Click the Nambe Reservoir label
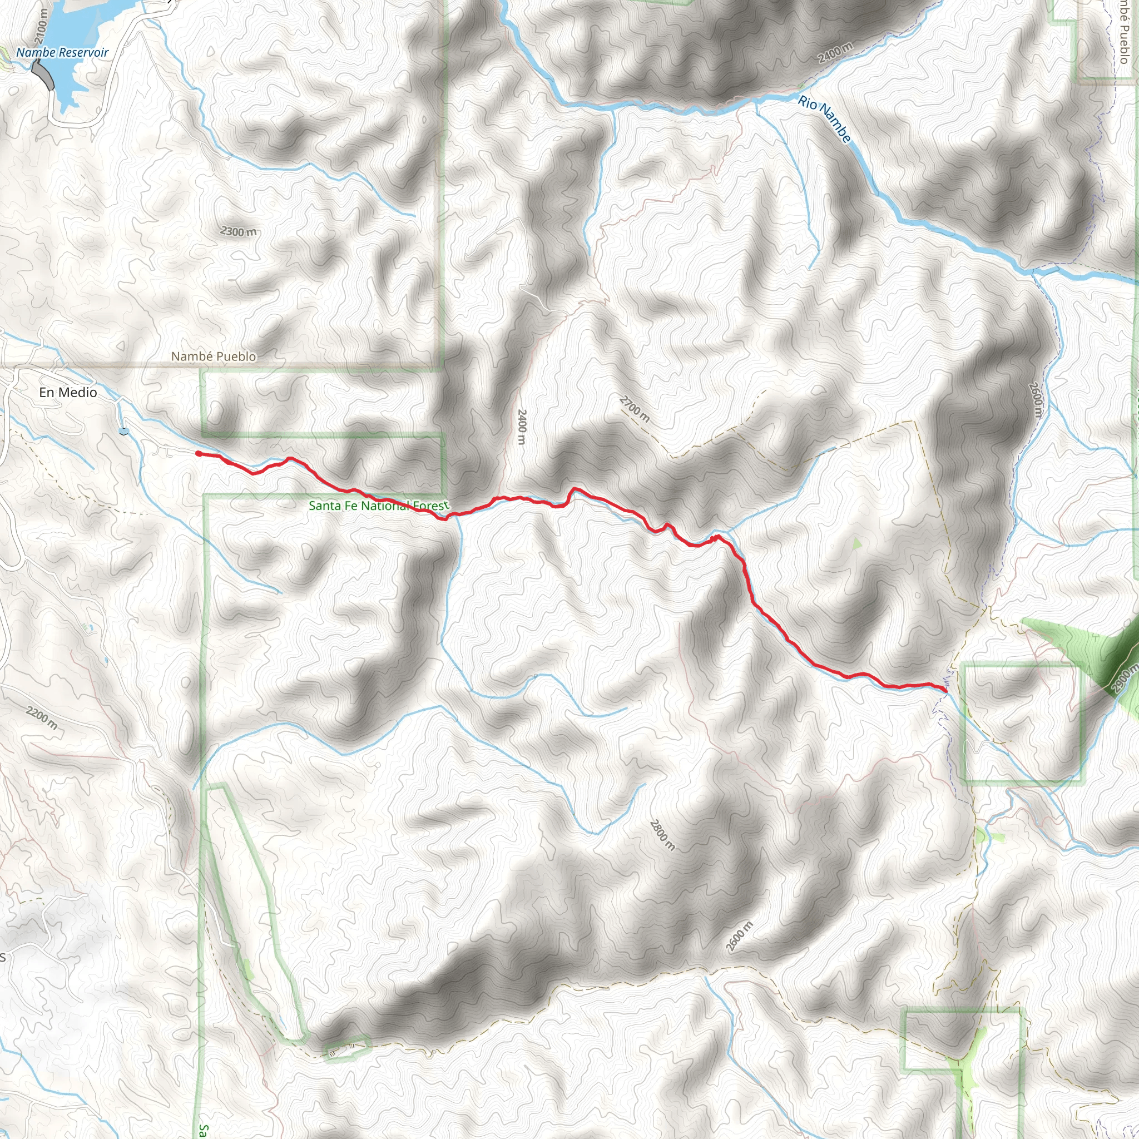point(62,52)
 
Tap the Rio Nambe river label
point(825,119)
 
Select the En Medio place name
point(68,392)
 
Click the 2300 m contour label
point(239,232)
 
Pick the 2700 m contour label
point(635,409)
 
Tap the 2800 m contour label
point(662,834)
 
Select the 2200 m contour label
point(42,717)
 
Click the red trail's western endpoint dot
point(199,453)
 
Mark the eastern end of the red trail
point(945,689)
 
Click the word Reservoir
point(84,52)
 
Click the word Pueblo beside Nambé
point(235,356)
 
